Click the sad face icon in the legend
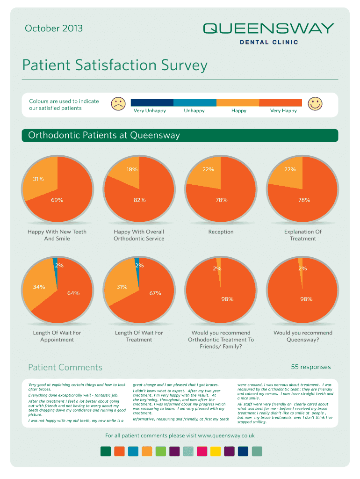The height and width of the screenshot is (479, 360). coord(118,103)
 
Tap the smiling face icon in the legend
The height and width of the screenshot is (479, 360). coord(316,103)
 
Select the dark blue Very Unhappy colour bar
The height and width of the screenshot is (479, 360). coord(152,103)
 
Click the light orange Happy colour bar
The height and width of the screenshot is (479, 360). coord(238,103)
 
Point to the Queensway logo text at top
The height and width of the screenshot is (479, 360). coord(268,29)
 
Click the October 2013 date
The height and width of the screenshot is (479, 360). coord(54,29)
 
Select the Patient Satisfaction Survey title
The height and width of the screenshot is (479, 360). coord(115,65)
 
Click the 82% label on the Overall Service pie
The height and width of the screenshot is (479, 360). coord(139,200)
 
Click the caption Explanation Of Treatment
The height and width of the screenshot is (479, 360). coord(302,235)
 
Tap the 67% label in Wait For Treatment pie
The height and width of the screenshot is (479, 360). coord(155,293)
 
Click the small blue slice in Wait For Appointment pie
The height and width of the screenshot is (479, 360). coord(56,264)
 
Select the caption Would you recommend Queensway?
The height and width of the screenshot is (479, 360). coord(302,336)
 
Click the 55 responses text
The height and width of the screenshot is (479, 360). coord(310,367)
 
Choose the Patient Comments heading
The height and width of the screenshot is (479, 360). coord(65,368)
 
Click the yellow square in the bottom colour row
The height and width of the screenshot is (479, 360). coord(216,451)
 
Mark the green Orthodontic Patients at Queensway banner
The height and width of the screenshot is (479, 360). coord(180,136)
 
